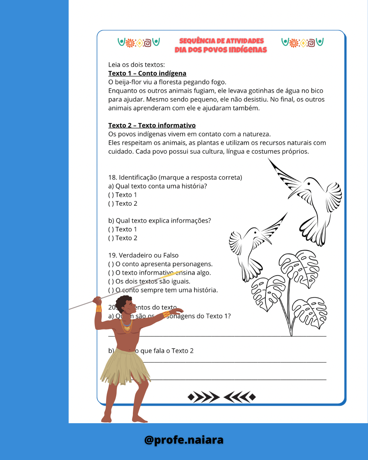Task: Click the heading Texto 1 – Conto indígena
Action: pos(147,73)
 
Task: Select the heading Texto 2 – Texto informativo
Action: pos(152,125)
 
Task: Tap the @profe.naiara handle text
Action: pos(184,440)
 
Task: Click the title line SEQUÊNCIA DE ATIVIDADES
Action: pos(221,41)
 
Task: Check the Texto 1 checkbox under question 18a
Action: pos(111,195)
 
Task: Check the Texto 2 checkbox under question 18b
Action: pos(111,238)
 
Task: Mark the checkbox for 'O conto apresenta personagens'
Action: pos(111,264)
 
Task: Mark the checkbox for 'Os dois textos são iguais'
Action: pos(111,281)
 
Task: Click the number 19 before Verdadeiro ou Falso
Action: pos(112,255)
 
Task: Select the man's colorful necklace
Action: pos(126,326)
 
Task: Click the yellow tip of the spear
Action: pos(172,274)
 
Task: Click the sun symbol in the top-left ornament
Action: pos(130,43)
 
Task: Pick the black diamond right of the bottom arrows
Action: pos(252,397)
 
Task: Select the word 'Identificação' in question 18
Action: pos(138,178)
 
